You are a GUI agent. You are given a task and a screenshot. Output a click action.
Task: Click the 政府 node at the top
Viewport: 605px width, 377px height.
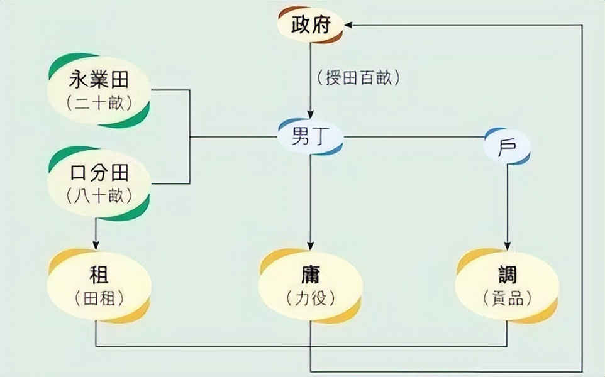click(x=311, y=26)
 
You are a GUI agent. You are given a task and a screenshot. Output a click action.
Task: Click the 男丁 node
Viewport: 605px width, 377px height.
click(x=311, y=137)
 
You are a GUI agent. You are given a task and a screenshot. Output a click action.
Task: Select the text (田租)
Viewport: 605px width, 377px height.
click(x=99, y=298)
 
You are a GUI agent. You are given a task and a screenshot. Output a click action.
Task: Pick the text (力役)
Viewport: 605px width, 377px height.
click(x=309, y=298)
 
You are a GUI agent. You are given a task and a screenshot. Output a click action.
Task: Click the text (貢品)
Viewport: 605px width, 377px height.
click(x=507, y=298)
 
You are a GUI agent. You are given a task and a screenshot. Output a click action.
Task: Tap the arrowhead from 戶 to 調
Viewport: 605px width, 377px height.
click(x=507, y=244)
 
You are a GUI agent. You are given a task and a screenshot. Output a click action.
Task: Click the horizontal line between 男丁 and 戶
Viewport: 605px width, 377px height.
click(x=415, y=137)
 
